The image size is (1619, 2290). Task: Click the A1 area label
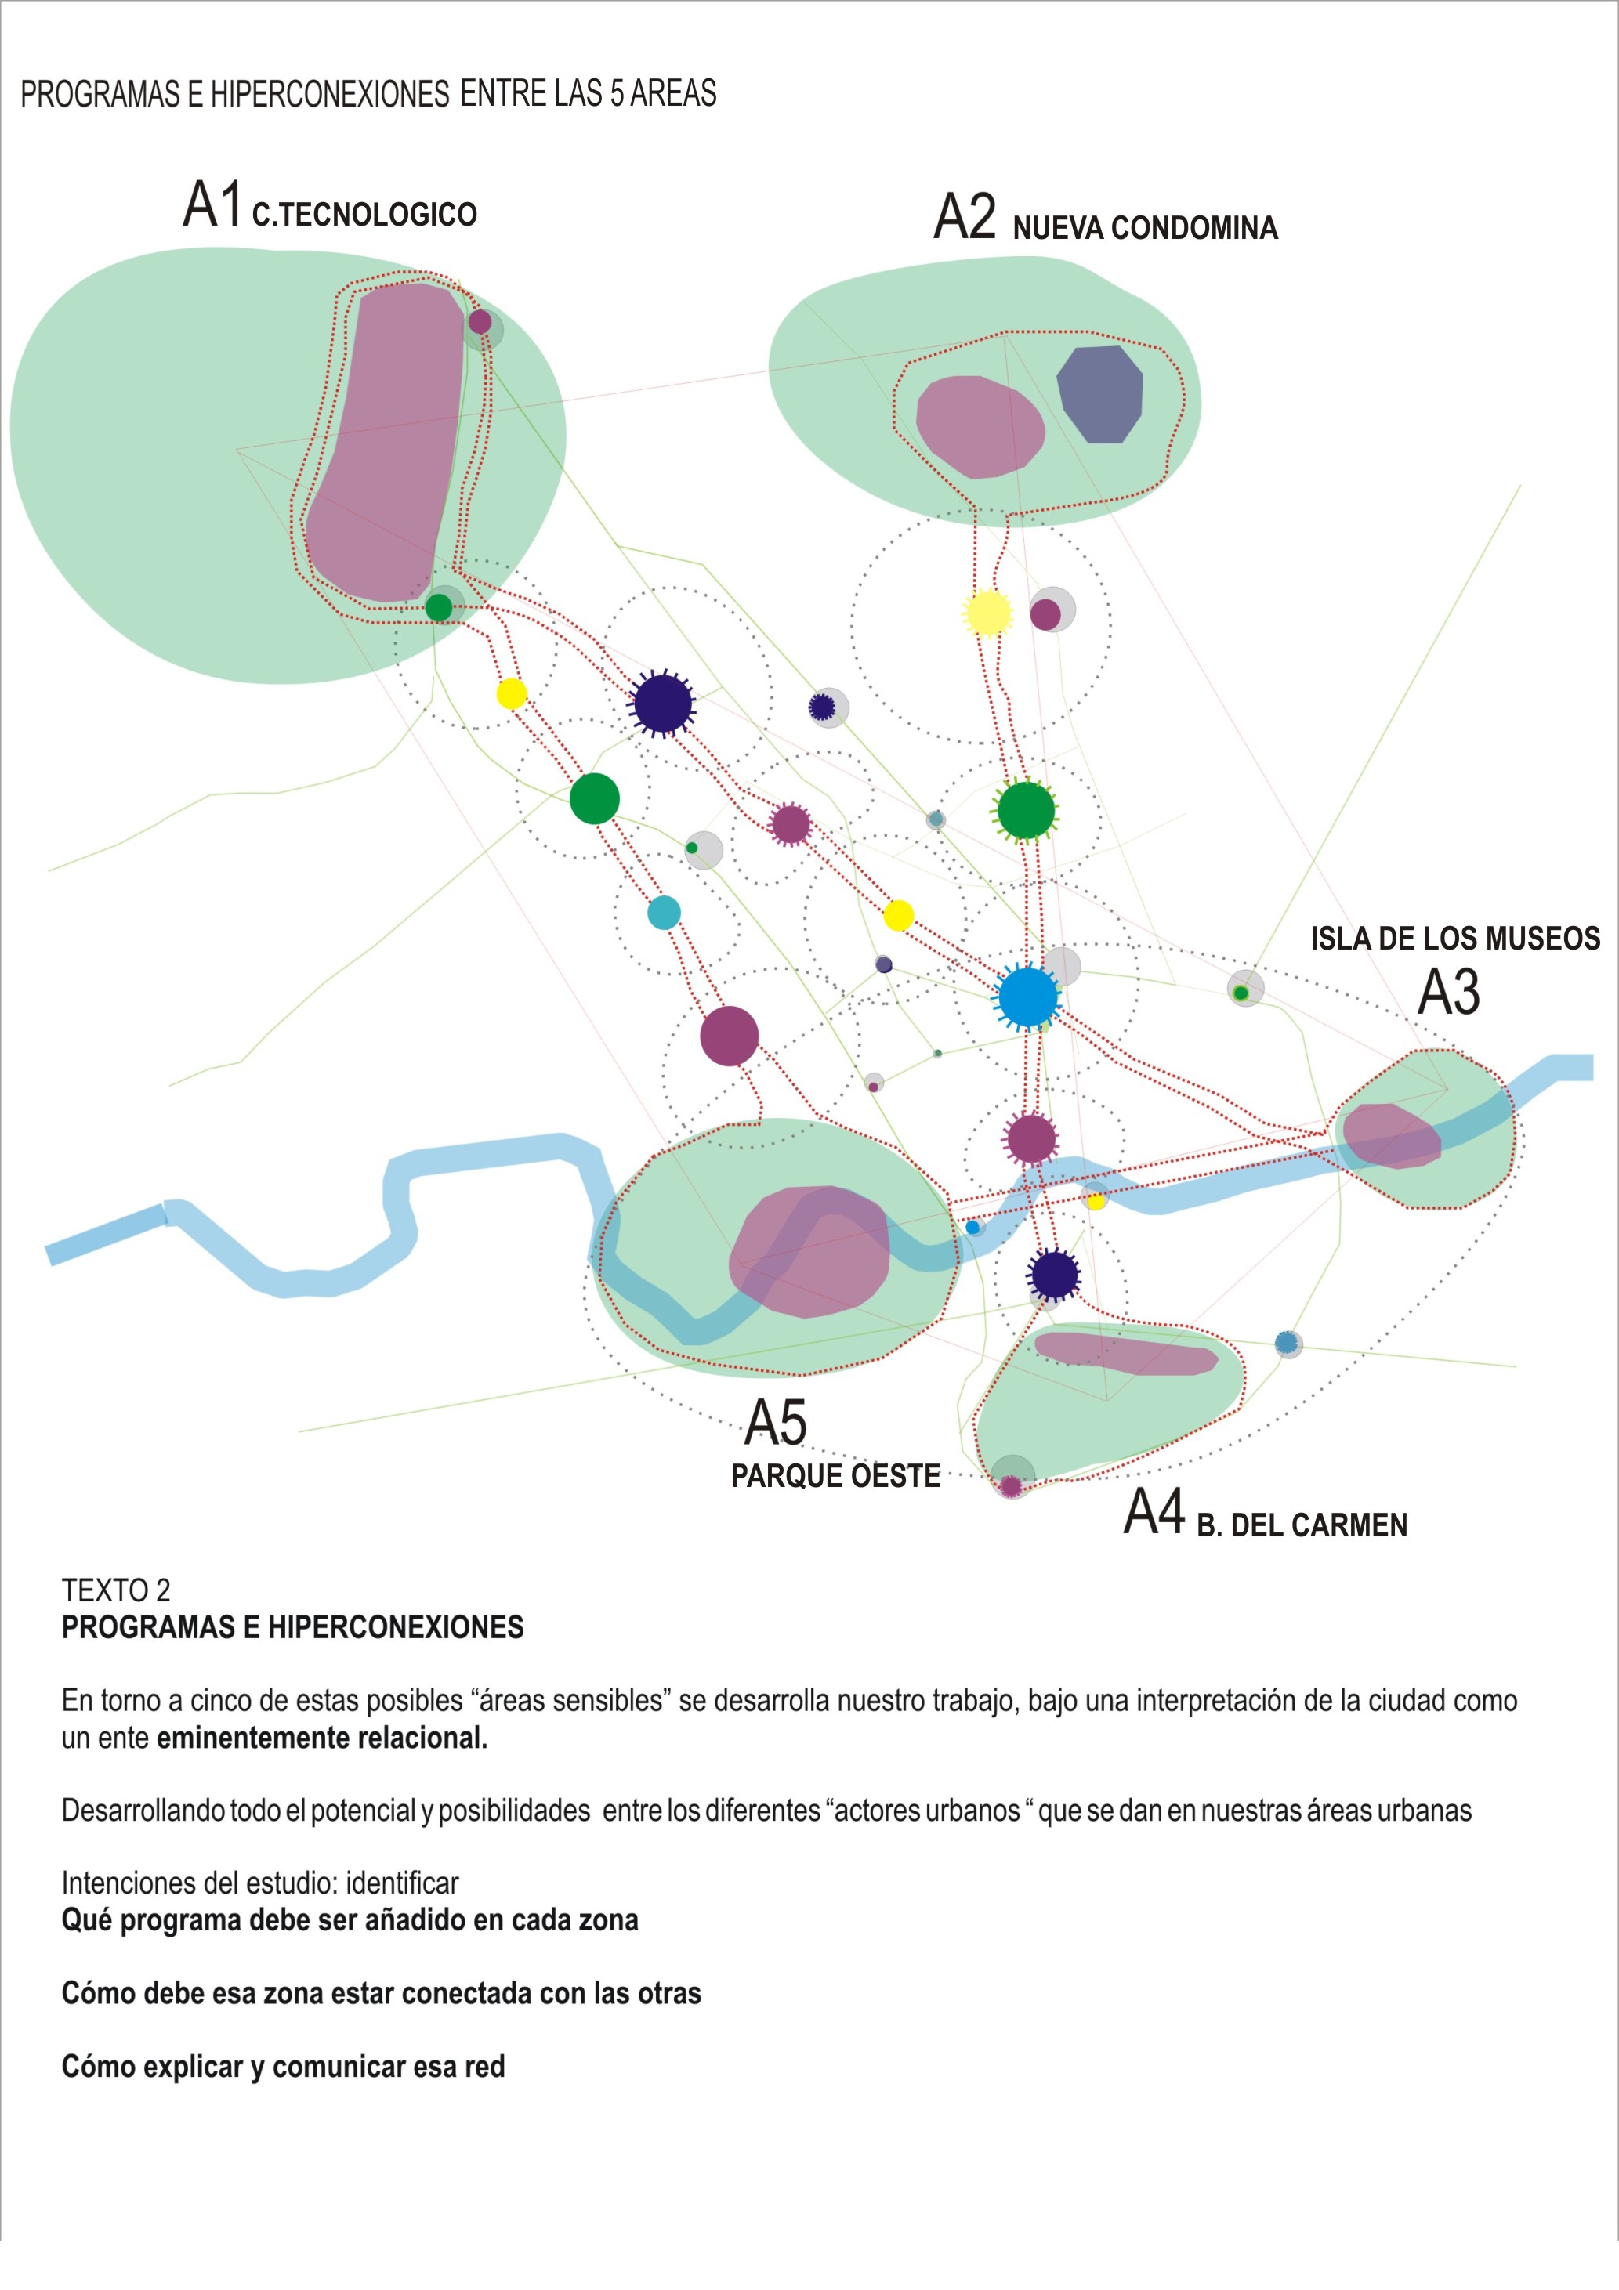212,204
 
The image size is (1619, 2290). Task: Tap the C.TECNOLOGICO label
364,215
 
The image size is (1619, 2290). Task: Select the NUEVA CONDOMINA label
1145,229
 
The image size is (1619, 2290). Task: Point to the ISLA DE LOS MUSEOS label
1455,939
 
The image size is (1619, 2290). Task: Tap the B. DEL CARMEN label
1302,1525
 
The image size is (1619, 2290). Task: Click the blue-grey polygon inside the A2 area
1099,394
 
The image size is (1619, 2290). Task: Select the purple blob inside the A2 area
980,427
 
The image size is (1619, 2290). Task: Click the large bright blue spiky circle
1027,997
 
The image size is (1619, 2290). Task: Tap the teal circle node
665,913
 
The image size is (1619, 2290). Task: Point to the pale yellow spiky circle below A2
987,613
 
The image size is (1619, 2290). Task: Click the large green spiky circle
1027,810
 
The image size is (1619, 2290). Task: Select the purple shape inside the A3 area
1390,1136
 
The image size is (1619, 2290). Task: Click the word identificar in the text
402,1883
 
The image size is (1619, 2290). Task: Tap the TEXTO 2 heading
116,1590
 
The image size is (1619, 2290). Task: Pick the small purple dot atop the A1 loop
480,322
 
